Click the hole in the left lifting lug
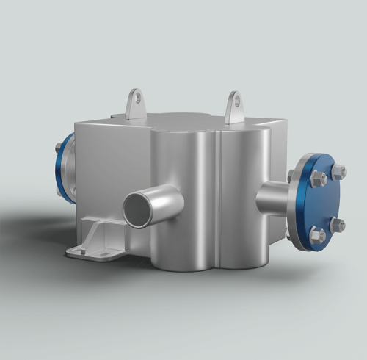click(x=135, y=96)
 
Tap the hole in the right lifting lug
click(x=234, y=98)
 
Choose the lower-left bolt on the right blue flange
click(x=316, y=235)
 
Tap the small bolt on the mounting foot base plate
click(x=82, y=251)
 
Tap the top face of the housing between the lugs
click(x=183, y=121)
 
